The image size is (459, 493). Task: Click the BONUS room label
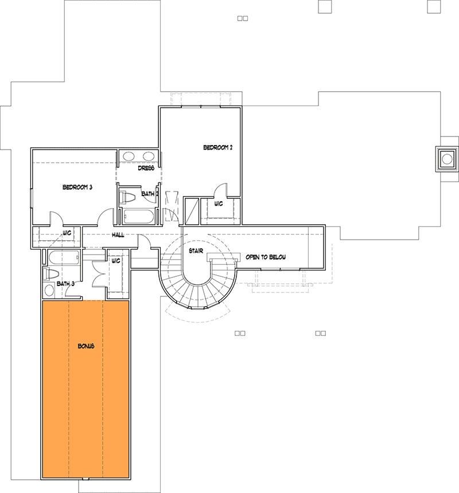click(x=86, y=346)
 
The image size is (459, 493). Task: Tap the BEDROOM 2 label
click(x=217, y=147)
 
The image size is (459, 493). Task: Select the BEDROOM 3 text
click(x=77, y=187)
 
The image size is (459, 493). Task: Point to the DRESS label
click(x=146, y=168)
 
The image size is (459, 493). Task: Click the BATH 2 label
click(x=149, y=194)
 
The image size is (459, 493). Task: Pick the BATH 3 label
click(x=65, y=284)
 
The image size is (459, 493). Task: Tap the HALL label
click(x=118, y=234)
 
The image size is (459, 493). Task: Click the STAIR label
click(x=196, y=251)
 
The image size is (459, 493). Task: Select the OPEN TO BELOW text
click(x=266, y=257)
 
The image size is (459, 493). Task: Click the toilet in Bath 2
click(x=127, y=197)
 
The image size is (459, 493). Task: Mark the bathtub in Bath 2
click(x=138, y=217)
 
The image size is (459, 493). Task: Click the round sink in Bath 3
click(x=49, y=290)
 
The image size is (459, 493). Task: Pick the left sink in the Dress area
click(x=129, y=156)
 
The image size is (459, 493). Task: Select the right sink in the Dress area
click(x=149, y=156)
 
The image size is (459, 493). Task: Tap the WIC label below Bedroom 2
click(x=219, y=204)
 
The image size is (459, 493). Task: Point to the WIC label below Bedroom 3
click(x=67, y=233)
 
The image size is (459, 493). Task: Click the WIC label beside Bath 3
click(x=116, y=261)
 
